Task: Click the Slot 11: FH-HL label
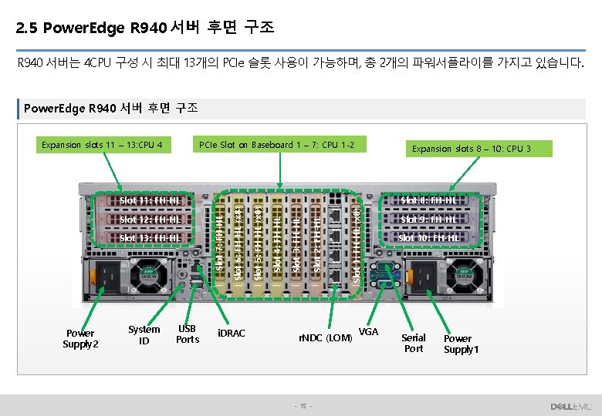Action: point(150,202)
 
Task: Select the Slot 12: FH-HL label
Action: point(150,220)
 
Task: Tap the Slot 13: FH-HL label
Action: point(150,238)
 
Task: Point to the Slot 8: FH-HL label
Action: point(428,202)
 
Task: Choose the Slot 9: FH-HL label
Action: point(428,220)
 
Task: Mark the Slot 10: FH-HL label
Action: point(428,238)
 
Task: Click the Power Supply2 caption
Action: point(80,339)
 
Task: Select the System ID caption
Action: point(144,335)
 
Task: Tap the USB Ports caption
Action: point(188,334)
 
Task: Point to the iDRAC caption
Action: point(232,334)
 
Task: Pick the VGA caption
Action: point(369,331)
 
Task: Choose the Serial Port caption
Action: point(414,344)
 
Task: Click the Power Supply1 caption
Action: point(462,344)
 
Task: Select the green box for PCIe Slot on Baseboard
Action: point(277,144)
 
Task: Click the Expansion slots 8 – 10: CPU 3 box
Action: point(471,148)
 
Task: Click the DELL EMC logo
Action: point(570,406)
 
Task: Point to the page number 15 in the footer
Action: point(304,406)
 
